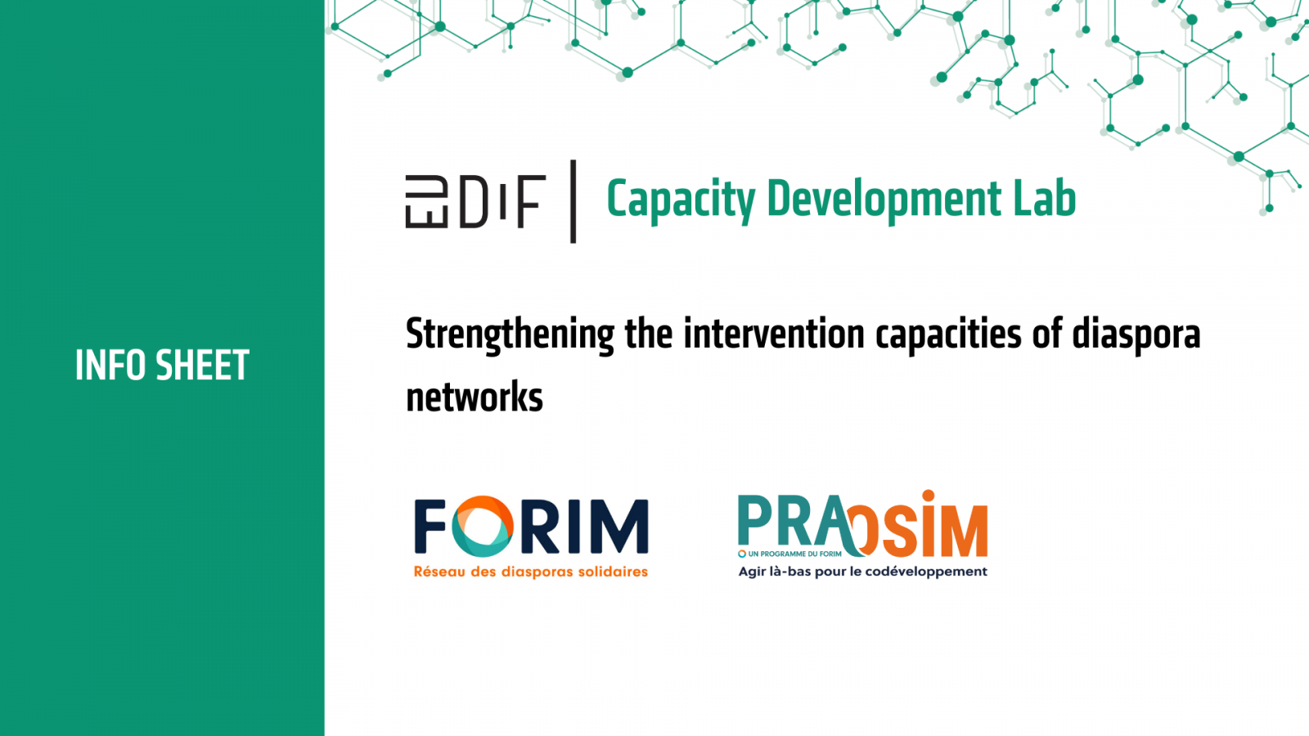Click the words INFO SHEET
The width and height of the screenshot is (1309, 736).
[162, 366]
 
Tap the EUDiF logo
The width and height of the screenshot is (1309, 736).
[475, 201]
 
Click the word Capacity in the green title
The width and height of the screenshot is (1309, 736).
[681, 200]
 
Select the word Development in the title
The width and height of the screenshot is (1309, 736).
[884, 200]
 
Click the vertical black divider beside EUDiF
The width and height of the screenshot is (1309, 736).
[573, 201]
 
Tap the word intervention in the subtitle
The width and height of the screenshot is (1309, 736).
[774, 334]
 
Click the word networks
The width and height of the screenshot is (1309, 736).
[475, 398]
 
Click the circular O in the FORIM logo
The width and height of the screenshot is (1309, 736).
[484, 526]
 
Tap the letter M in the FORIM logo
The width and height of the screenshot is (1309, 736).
[619, 527]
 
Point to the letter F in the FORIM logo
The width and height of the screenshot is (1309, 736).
[430, 527]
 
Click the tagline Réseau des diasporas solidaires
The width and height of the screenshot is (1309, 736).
[530, 572]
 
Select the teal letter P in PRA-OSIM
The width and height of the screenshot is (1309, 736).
[754, 522]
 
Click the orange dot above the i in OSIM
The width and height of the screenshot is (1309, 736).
[928, 496]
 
